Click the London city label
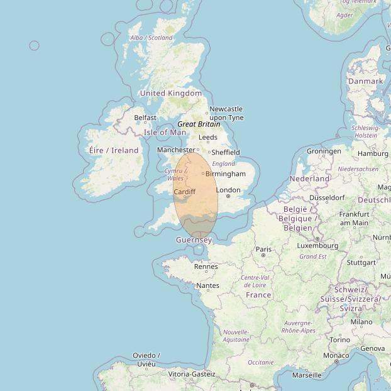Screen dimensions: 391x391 click(228, 190)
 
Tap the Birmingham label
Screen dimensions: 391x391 click(226, 173)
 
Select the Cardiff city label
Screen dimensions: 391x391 click(185, 191)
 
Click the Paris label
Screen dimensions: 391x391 click(264, 249)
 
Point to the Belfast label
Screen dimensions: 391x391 click(145, 118)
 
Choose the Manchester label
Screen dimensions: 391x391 click(176, 150)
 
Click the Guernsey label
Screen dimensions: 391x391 click(194, 240)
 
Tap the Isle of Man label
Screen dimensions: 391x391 click(165, 133)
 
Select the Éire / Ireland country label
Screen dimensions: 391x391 click(114, 150)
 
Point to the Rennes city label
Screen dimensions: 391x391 click(206, 267)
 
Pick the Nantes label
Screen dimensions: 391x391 click(207, 285)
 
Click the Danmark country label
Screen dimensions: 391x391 click(365, 81)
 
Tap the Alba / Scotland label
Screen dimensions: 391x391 click(151, 38)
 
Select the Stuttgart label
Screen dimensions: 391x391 click(361, 263)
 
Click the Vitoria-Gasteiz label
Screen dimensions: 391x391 click(192, 374)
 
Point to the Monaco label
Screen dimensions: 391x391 click(336, 355)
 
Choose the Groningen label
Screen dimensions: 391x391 click(324, 151)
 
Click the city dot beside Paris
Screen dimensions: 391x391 click(263, 255)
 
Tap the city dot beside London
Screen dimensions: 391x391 click(228, 196)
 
